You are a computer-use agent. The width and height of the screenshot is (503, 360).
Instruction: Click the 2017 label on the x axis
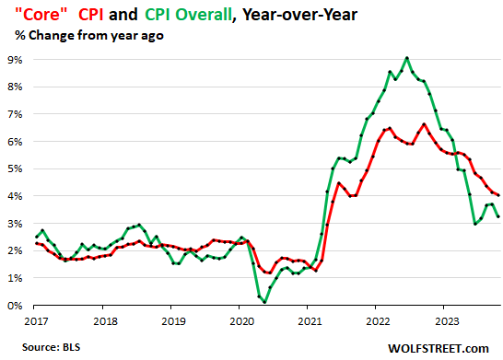[35, 322]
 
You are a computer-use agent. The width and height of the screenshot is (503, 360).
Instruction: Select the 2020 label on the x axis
[240, 322]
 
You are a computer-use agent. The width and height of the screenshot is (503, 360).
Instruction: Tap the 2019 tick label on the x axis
[171, 322]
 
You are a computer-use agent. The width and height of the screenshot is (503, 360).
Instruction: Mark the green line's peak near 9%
[406, 58]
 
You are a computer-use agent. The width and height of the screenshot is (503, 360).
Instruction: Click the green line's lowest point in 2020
[265, 302]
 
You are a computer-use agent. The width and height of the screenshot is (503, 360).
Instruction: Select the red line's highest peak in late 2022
[424, 124]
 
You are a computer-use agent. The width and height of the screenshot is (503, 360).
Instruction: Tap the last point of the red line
[499, 195]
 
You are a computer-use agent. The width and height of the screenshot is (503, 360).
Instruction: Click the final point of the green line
[499, 216]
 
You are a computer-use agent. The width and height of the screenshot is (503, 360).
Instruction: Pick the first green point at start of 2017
[37, 237]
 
